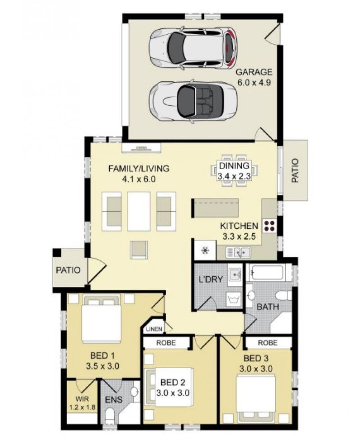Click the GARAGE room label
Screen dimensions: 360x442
tap(254, 72)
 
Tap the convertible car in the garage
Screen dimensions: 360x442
tap(193, 102)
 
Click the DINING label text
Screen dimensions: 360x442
tap(234, 165)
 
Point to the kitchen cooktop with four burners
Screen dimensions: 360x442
tap(269, 226)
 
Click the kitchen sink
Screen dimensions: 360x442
tap(238, 252)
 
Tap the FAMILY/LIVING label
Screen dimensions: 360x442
tap(139, 168)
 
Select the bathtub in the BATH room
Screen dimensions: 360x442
tap(266, 272)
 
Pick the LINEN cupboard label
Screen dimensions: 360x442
tap(154, 329)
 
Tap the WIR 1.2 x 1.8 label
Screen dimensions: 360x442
tap(82, 403)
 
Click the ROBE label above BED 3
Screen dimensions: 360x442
tap(267, 343)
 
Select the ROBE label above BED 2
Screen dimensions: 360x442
tap(166, 343)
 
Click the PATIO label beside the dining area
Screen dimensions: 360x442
tap(295, 170)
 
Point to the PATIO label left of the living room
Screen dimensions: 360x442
tap(68, 270)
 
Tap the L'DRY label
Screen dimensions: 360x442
tap(211, 280)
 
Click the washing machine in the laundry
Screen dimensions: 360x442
tap(234, 299)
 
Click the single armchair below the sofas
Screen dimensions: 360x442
tap(139, 250)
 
